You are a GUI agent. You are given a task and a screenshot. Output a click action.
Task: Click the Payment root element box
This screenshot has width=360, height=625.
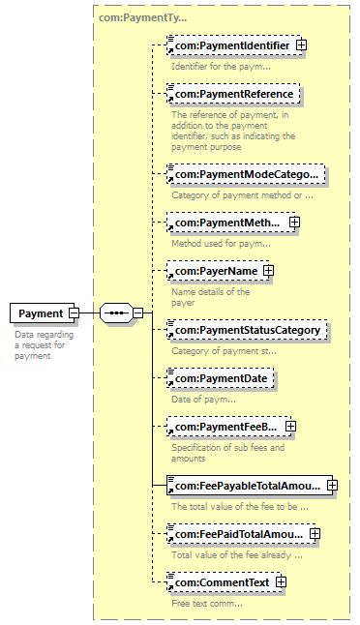point(42,313)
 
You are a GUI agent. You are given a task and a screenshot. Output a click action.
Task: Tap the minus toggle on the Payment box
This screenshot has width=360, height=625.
point(75,313)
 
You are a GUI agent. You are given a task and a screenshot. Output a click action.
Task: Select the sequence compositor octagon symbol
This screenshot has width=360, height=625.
point(116,313)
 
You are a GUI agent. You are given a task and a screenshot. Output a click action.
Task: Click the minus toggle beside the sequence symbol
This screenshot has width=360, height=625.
point(138,313)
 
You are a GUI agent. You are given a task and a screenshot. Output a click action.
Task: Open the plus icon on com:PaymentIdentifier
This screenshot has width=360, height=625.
point(301,45)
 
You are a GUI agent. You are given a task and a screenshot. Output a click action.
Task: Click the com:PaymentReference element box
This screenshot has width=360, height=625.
point(233,94)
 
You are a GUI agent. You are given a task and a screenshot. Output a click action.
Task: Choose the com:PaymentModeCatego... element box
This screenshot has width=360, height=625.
point(246,174)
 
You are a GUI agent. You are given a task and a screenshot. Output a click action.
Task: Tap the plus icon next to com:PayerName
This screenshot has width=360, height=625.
point(269,271)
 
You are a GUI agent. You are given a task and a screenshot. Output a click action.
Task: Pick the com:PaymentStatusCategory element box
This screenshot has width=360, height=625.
point(247,330)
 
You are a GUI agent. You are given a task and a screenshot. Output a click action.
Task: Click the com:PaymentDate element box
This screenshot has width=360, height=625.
point(221,378)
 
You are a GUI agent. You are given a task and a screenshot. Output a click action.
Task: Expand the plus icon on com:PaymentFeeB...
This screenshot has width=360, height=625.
point(291,427)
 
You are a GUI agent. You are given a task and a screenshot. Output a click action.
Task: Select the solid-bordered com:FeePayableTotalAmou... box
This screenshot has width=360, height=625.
point(250,486)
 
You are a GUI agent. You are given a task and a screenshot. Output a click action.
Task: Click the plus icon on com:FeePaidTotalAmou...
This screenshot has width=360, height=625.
point(315,534)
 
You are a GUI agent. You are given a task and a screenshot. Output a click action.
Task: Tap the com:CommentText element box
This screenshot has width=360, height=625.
point(225,582)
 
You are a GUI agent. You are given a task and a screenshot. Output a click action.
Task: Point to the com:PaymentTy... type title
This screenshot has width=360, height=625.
point(142,18)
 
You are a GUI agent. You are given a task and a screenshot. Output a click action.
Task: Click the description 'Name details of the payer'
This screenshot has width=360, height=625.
point(211,297)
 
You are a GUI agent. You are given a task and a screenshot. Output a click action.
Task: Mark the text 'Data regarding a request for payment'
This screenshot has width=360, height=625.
point(45,345)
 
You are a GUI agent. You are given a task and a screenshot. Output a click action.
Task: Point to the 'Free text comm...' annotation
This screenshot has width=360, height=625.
point(207,604)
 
